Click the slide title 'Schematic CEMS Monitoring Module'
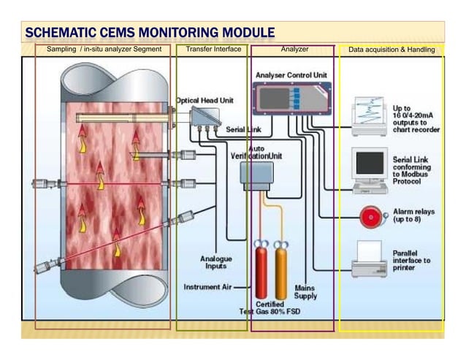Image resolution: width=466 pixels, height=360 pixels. click(150, 33)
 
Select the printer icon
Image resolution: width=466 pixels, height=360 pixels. click(370, 258)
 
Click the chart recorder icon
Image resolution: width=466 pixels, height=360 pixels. click(370, 116)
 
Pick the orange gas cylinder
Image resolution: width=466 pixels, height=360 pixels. click(280, 272)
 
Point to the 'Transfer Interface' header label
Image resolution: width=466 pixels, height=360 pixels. click(213, 50)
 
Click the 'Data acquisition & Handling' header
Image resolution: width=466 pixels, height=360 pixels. click(391, 50)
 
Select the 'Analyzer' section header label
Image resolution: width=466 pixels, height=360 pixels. click(294, 50)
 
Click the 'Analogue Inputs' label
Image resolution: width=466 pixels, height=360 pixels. click(215, 262)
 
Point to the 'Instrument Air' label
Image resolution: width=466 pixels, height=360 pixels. click(207, 287)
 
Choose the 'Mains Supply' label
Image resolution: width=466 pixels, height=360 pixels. click(305, 291)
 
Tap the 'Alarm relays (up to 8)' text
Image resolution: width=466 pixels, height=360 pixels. click(413, 215)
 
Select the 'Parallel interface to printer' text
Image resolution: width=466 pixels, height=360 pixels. click(411, 260)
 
